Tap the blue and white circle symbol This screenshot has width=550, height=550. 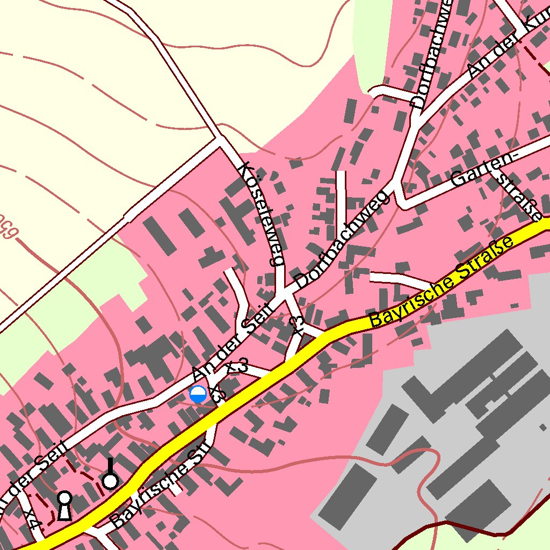click(198, 394)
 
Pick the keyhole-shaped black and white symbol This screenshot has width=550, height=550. click(64, 505)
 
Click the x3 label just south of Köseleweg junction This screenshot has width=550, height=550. click(297, 325)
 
